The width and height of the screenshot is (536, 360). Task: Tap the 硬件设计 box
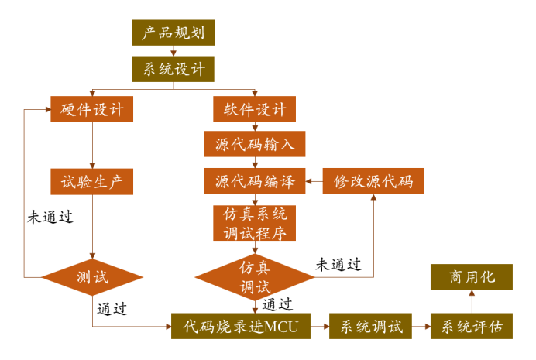(92, 108)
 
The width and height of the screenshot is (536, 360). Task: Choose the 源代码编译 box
(254, 181)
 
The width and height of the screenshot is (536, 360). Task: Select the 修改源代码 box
(373, 181)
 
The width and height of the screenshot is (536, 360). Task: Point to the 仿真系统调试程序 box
(254, 223)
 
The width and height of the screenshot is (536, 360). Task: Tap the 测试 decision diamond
(92, 276)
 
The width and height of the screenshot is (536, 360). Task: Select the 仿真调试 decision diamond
(254, 276)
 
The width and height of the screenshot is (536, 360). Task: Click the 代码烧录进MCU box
(240, 325)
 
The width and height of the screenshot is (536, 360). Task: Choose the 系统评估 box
(472, 325)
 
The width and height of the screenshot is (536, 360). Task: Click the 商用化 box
(472, 277)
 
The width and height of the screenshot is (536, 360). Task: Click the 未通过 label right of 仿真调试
(338, 264)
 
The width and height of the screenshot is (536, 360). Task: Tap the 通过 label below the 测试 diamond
(113, 308)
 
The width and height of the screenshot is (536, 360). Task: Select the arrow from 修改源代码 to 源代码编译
(314, 182)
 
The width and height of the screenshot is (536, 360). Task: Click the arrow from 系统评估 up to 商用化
(472, 302)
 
